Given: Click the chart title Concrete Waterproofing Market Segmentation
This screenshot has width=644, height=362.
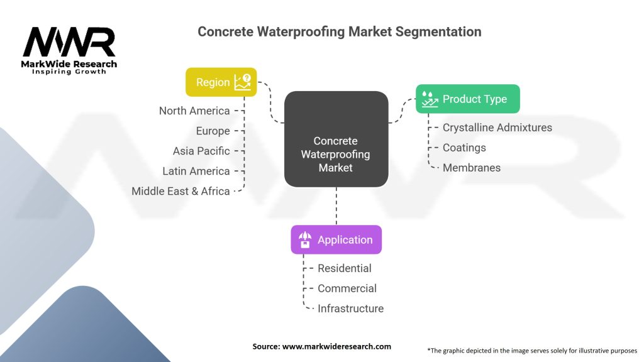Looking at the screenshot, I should (340, 31).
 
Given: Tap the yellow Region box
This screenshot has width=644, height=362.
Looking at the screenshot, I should (221, 82).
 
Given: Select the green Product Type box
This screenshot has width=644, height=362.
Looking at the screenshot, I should (467, 99).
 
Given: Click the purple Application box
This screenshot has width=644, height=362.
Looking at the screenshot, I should (336, 239).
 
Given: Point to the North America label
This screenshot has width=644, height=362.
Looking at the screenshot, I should (194, 111).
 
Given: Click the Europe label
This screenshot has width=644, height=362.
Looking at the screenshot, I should (213, 131).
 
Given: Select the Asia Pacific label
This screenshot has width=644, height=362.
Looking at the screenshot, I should (201, 151).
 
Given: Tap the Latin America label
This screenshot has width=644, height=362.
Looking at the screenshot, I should (196, 171).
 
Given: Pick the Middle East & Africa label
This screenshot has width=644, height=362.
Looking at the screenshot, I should (180, 191).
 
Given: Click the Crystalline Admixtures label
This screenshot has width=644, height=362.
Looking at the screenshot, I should (497, 127).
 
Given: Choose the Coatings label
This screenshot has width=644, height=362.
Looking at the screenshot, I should (464, 147).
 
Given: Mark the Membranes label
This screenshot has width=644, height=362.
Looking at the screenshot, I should (472, 167).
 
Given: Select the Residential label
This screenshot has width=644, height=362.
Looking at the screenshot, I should (344, 268).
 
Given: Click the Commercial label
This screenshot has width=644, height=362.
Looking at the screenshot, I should (347, 288).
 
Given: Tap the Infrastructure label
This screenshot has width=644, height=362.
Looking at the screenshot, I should (350, 308).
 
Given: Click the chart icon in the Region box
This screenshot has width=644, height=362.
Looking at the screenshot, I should (243, 82).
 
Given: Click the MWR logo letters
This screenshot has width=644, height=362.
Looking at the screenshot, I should (69, 42).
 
